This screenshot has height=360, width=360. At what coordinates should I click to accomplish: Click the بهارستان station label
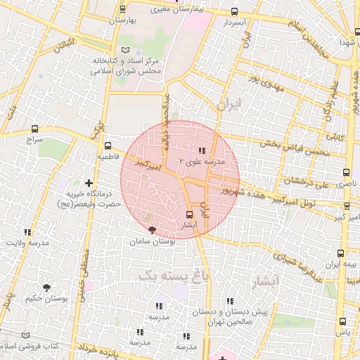(x=122, y=20)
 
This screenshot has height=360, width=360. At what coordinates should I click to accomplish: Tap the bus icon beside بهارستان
(x=123, y=9)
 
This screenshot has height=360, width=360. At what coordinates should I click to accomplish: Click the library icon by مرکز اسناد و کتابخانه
(x=126, y=50)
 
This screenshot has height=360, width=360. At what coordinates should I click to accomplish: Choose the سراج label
(x=35, y=140)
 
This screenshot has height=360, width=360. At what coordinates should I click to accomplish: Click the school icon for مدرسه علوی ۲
(x=202, y=150)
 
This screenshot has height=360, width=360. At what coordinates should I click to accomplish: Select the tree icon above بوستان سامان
(x=152, y=230)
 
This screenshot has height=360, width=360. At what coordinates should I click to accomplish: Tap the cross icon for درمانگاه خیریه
(x=88, y=183)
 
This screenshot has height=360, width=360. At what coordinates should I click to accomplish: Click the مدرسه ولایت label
(x=27, y=243)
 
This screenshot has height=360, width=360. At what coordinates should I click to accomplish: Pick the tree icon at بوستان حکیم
(x=46, y=287)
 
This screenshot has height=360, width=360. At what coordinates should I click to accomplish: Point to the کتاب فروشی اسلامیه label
(x=28, y=347)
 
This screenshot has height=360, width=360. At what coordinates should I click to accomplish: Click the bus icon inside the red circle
(x=189, y=214)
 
